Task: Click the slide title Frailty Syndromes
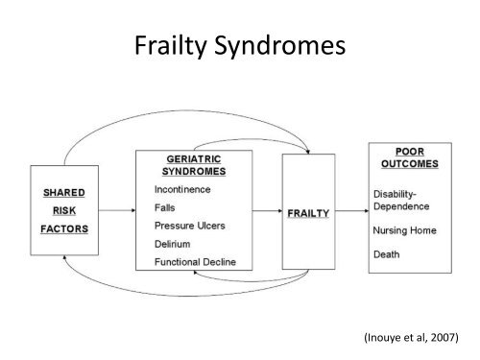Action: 240,46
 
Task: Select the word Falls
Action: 166,208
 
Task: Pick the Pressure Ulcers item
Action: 190,227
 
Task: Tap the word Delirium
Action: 174,245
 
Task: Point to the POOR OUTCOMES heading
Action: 417,156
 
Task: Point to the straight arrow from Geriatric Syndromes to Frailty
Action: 268,213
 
